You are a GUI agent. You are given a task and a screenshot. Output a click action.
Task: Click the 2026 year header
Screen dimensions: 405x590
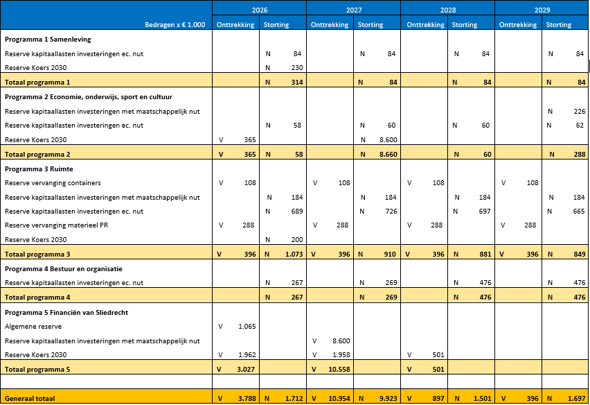click(x=259, y=10)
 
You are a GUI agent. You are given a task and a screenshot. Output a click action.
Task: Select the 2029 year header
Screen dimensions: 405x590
click(x=542, y=10)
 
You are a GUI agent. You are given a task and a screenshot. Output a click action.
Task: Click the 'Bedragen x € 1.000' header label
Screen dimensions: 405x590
click(x=173, y=24)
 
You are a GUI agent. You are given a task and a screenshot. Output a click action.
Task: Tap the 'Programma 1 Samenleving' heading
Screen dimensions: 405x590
click(x=48, y=40)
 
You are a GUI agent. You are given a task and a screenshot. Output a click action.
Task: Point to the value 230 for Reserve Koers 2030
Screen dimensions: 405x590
click(x=296, y=67)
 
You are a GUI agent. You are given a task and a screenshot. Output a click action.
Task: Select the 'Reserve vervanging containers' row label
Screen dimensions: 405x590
click(x=53, y=183)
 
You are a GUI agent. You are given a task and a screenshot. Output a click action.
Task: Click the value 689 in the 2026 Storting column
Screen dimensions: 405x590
click(x=296, y=211)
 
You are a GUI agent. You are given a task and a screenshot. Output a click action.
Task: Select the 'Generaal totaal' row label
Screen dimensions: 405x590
click(x=30, y=398)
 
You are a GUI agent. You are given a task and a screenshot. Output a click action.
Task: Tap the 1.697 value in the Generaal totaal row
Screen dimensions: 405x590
click(x=574, y=398)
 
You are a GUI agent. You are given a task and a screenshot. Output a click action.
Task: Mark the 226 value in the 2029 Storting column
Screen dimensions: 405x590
click(x=579, y=111)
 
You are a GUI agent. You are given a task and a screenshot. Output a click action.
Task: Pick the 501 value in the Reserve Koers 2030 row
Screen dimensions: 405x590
click(x=437, y=354)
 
